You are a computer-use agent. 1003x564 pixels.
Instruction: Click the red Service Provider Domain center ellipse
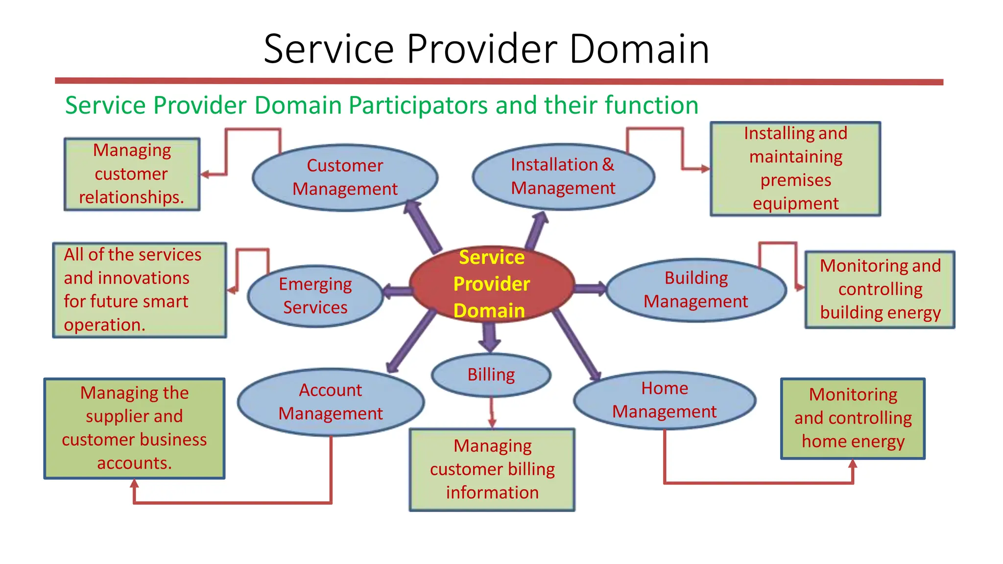[491, 284]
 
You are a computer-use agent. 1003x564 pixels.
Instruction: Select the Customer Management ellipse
[345, 177]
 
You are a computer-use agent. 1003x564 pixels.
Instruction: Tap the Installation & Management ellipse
[563, 177]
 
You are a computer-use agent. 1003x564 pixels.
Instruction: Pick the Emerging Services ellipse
[315, 296]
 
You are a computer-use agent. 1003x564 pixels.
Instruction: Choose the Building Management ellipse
[696, 290]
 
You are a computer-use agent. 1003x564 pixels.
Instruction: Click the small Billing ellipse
[491, 375]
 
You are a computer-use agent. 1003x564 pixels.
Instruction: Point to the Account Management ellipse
[331, 402]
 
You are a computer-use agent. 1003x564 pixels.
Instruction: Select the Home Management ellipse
[665, 400]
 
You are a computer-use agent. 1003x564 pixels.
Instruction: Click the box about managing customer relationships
[132, 174]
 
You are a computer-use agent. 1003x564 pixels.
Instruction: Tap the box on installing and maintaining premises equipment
[795, 168]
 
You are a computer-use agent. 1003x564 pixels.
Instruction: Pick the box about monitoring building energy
[880, 289]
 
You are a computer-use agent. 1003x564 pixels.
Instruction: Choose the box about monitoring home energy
[853, 418]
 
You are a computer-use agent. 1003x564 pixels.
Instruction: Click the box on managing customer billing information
[492, 470]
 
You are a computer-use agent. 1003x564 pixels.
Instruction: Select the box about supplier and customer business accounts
[134, 428]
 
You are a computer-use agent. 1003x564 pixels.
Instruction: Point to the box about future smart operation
[140, 290]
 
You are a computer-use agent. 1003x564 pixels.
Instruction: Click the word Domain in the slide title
[639, 49]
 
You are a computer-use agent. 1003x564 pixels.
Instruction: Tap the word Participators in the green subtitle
[419, 105]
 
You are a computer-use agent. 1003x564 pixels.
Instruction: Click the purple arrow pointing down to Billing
[490, 338]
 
